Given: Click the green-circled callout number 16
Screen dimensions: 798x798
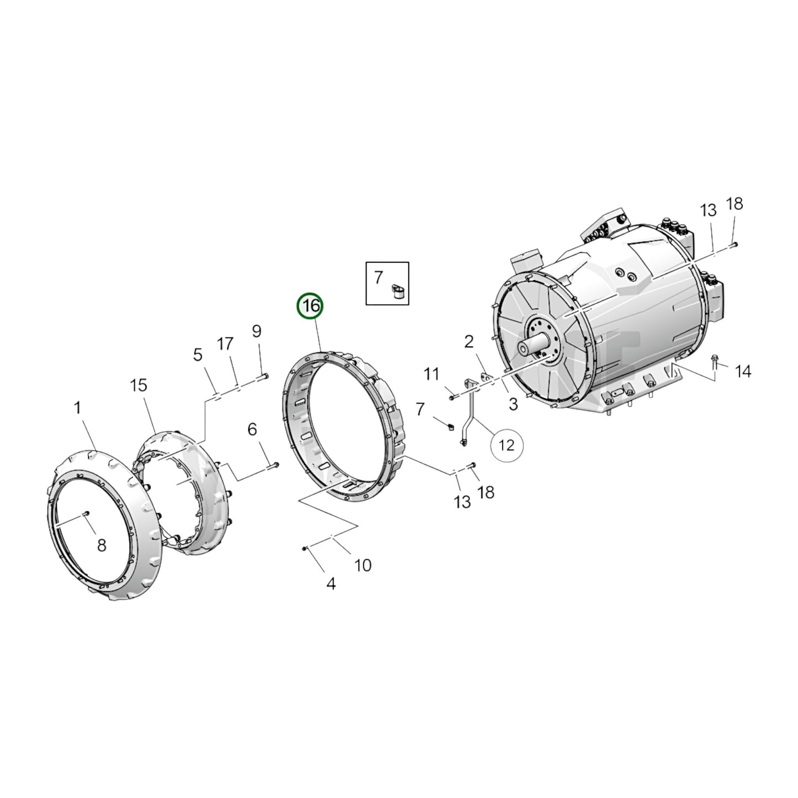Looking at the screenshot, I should click(x=311, y=306).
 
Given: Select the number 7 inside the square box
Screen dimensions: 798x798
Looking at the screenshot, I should click(x=378, y=278).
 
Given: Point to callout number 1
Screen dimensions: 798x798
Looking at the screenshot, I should click(x=77, y=408).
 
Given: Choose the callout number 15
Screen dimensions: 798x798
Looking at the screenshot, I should click(x=139, y=385).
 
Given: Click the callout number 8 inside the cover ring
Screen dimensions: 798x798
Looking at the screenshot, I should click(x=102, y=546).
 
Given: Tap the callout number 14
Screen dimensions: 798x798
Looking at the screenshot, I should click(x=743, y=372).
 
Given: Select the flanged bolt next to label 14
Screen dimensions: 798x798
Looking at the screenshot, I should click(x=715, y=361).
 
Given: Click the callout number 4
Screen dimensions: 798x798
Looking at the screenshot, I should click(x=330, y=583).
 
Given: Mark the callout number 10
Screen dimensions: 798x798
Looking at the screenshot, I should click(x=363, y=566).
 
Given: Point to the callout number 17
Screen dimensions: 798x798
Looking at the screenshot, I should click(x=225, y=344).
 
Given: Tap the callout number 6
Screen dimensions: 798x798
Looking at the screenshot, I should click(x=252, y=429).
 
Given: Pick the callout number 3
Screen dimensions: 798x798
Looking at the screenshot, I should click(x=513, y=404).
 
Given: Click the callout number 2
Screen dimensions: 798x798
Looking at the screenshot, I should click(x=468, y=342).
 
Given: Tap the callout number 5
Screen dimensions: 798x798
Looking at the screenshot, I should click(x=198, y=355).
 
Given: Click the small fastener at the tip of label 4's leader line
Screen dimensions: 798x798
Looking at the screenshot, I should click(x=304, y=548).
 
